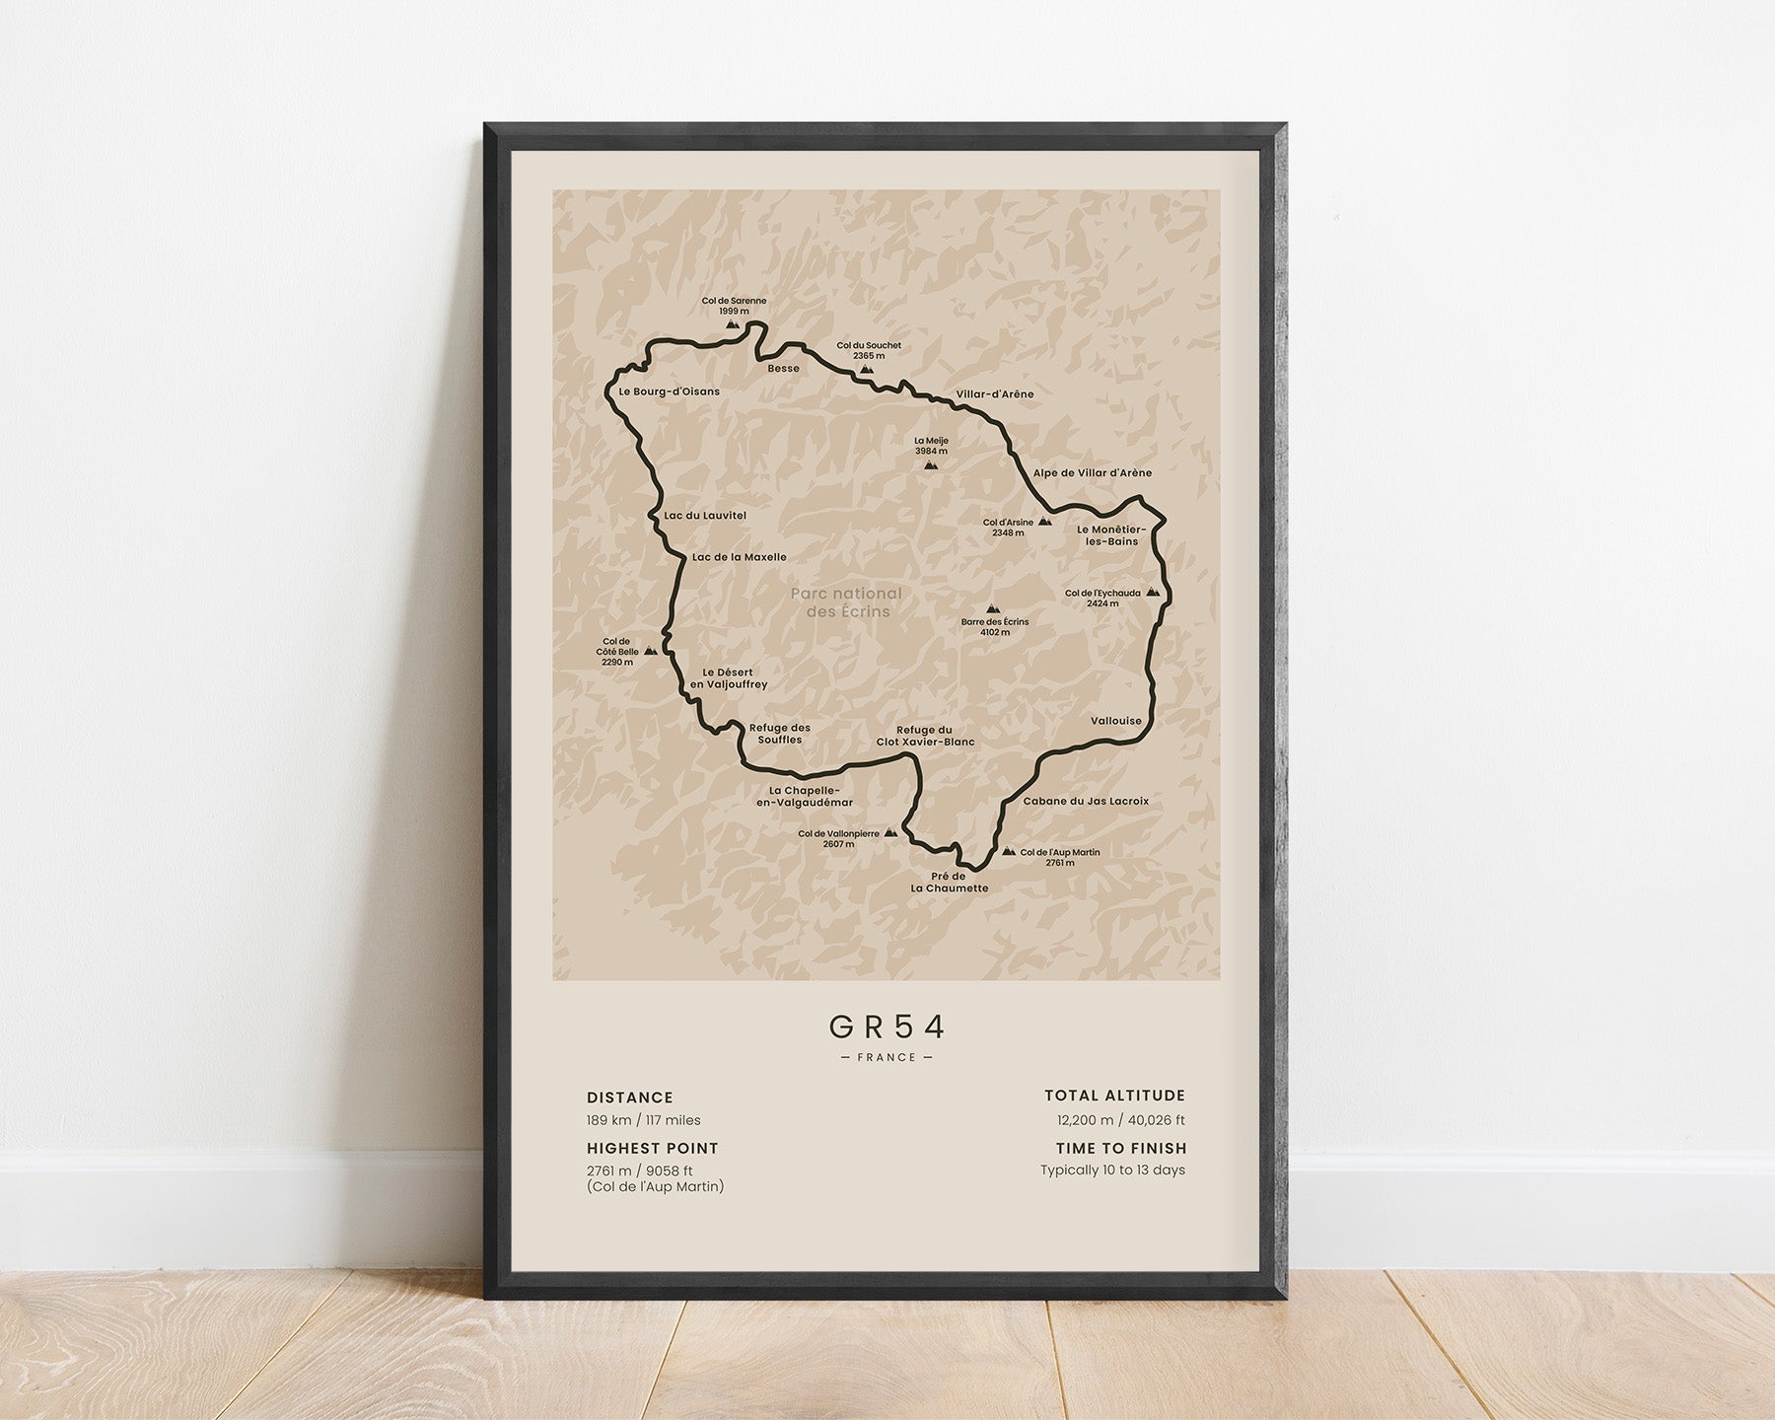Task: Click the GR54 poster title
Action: pyautogui.click(x=887, y=1028)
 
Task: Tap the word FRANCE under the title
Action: pyautogui.click(x=887, y=1057)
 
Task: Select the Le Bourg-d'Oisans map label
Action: pyautogui.click(x=670, y=391)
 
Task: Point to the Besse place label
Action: pyautogui.click(x=784, y=369)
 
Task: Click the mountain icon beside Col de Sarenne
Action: pyautogui.click(x=732, y=322)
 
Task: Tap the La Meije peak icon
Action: pyautogui.click(x=931, y=463)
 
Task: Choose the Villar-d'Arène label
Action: pyautogui.click(x=995, y=394)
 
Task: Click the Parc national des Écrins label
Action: pyautogui.click(x=847, y=603)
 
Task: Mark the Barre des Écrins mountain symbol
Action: pyautogui.click(x=993, y=609)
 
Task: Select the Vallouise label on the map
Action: pyautogui.click(x=1116, y=721)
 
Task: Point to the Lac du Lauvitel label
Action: pyautogui.click(x=705, y=516)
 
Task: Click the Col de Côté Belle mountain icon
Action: pyautogui.click(x=650, y=651)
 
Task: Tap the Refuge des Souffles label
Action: pyautogui.click(x=779, y=734)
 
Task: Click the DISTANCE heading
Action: pyautogui.click(x=630, y=1098)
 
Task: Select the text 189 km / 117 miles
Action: pyautogui.click(x=644, y=1120)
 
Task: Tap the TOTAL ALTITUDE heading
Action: pyautogui.click(x=1115, y=1096)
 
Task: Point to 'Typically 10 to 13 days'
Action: pyautogui.click(x=1112, y=1171)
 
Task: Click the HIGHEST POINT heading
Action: pyautogui.click(x=653, y=1148)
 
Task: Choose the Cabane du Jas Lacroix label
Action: pyautogui.click(x=1086, y=802)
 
